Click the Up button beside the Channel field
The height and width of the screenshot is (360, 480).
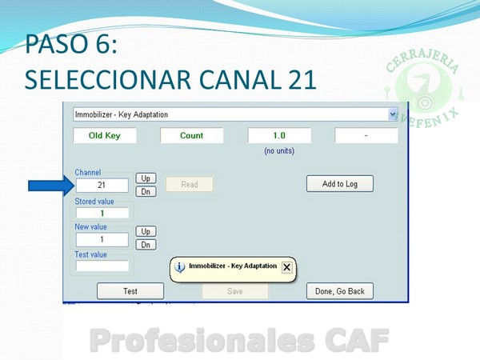(146, 178)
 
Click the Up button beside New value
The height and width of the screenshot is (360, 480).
(146, 231)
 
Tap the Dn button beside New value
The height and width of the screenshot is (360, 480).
(146, 245)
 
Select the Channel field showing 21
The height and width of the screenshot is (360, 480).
(102, 186)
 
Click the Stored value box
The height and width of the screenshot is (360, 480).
(102, 213)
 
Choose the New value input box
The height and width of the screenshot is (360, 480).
(102, 239)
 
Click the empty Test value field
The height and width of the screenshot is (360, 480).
(102, 266)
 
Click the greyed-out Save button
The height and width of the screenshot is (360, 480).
(234, 291)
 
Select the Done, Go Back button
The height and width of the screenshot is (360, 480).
(340, 291)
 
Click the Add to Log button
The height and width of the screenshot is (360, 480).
(340, 184)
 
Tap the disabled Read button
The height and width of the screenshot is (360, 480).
(189, 184)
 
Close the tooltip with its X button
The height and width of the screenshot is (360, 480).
(287, 267)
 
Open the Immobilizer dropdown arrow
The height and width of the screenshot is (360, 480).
(393, 114)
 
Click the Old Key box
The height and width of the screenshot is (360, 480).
(104, 135)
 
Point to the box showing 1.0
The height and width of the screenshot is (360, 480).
(279, 135)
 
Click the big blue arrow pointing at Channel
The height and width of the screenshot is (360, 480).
(51, 186)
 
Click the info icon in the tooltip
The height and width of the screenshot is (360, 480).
(180, 267)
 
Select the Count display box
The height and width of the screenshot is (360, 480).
(192, 135)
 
